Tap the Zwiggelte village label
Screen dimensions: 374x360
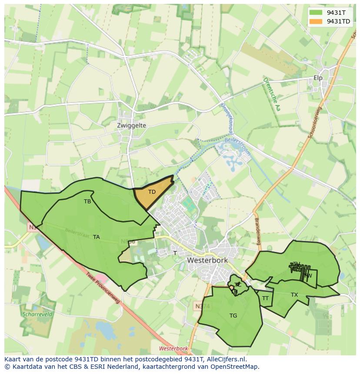coord(131,126)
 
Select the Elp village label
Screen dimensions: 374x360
coord(318,78)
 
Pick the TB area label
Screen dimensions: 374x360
coord(87,202)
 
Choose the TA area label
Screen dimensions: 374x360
coord(97,237)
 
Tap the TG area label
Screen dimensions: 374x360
coord(233,316)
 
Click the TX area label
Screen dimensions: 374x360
coord(294,295)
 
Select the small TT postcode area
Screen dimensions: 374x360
coord(266,298)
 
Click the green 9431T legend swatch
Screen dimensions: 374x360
coord(316,13)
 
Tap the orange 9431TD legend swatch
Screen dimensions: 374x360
coord(316,21)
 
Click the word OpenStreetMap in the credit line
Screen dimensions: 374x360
coord(235,367)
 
